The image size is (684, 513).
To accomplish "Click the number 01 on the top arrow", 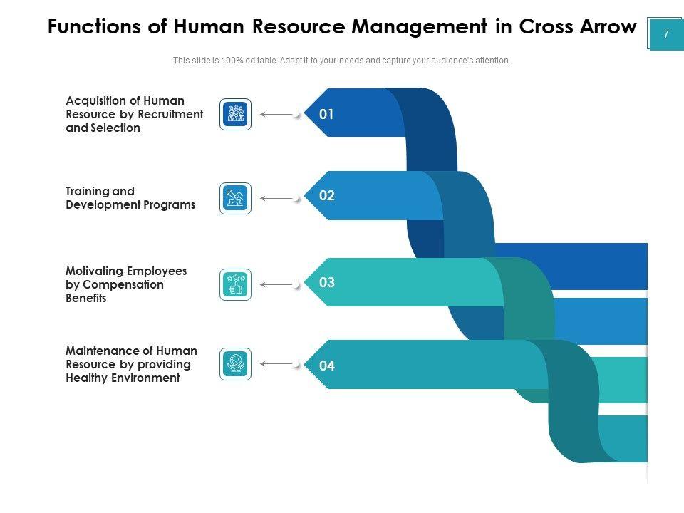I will tap(326, 113).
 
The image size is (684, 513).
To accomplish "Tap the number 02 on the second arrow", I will tap(326, 196).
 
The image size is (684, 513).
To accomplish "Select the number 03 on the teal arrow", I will tap(326, 282).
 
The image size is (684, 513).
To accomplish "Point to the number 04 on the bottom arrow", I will tap(326, 366).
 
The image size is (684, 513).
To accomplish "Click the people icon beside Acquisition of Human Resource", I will tap(235, 114).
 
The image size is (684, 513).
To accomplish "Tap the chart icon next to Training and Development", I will tap(235, 198).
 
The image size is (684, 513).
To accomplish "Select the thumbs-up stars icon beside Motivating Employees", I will tap(235, 284).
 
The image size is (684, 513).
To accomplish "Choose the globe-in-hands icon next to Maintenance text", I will tap(235, 363).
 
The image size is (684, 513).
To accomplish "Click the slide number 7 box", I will tap(665, 34).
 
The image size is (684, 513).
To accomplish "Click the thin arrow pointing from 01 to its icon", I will tap(278, 114).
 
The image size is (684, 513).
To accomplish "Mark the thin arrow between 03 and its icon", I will tap(278, 285).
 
